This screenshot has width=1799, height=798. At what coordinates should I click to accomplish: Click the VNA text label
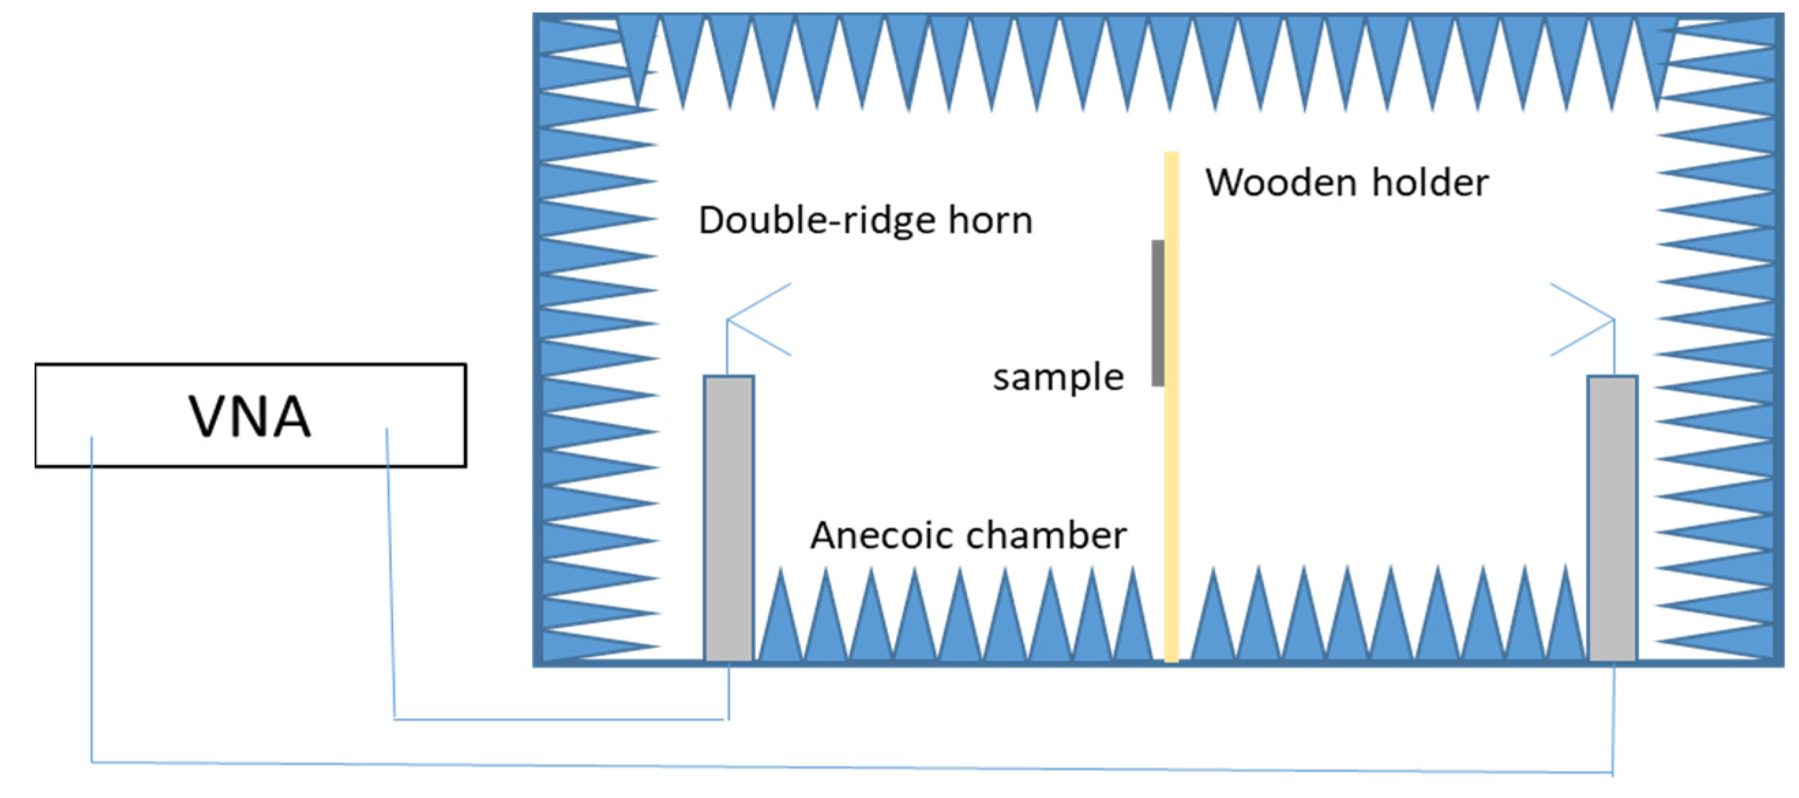(x=249, y=417)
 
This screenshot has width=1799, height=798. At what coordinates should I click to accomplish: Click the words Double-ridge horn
(x=865, y=221)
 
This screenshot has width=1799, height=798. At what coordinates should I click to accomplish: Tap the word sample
(x=1058, y=378)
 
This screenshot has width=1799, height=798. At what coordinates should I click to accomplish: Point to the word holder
(x=1430, y=183)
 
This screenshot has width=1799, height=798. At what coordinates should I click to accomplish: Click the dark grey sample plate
(x=1157, y=313)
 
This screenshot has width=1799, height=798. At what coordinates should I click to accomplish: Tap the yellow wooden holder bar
(x=1171, y=454)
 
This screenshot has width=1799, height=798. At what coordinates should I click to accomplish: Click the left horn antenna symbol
(x=758, y=320)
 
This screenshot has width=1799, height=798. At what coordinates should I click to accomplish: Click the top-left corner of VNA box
(x=36, y=365)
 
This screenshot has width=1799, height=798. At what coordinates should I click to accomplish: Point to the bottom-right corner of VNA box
(x=465, y=465)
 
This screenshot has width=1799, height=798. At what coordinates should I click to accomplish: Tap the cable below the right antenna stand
(x=1612, y=719)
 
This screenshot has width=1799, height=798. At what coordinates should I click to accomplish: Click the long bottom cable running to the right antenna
(x=838, y=766)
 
